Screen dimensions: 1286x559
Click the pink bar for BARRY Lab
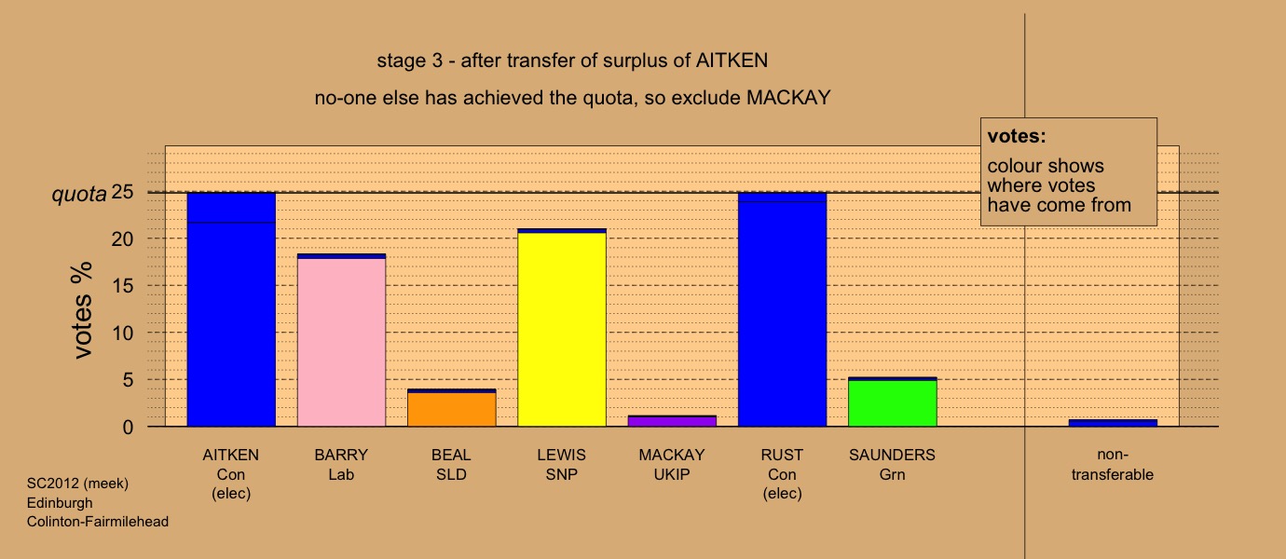(x=342, y=342)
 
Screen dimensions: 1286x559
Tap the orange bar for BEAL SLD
(x=452, y=409)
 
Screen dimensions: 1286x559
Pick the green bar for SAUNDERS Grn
(x=893, y=402)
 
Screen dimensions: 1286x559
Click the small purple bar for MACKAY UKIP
(x=672, y=421)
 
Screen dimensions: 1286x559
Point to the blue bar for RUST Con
(x=782, y=309)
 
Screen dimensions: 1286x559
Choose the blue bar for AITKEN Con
(x=231, y=309)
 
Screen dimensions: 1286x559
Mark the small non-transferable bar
(x=1113, y=423)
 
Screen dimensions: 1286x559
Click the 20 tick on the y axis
(x=122, y=239)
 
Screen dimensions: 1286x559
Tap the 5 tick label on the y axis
(x=128, y=380)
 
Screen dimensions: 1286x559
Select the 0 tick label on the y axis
(x=128, y=427)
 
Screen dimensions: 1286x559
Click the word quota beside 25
(x=79, y=195)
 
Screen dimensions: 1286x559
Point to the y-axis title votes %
(x=82, y=310)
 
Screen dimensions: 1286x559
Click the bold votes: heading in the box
(x=1017, y=136)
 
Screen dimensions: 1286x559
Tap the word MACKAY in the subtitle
(x=788, y=98)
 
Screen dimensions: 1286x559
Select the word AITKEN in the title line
(x=732, y=61)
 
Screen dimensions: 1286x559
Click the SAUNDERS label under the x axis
(x=892, y=456)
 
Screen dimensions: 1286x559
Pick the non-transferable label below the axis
(x=1113, y=465)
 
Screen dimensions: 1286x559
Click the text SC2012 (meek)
(x=77, y=484)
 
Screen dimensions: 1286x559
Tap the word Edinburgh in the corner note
(x=60, y=503)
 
